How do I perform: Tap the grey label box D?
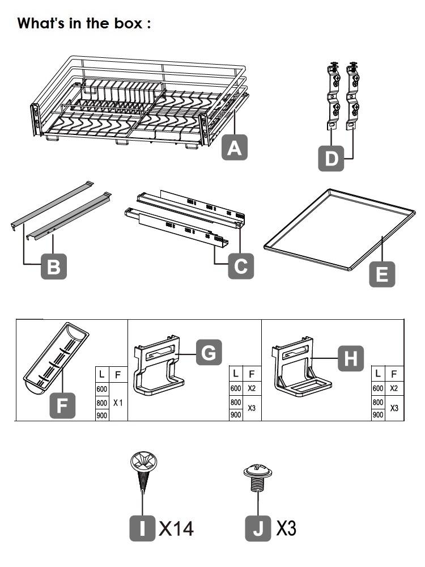[x=331, y=158]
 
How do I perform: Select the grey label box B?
[x=54, y=266]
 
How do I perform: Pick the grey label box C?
[x=241, y=266]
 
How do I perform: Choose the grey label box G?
[x=209, y=353]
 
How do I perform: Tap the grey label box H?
[x=351, y=358]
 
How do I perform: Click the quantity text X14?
[x=176, y=528]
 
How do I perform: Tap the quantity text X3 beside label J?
[x=286, y=528]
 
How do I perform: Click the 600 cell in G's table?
[x=236, y=388]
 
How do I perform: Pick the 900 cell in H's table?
[x=378, y=414]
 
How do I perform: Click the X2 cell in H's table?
[x=394, y=388]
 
